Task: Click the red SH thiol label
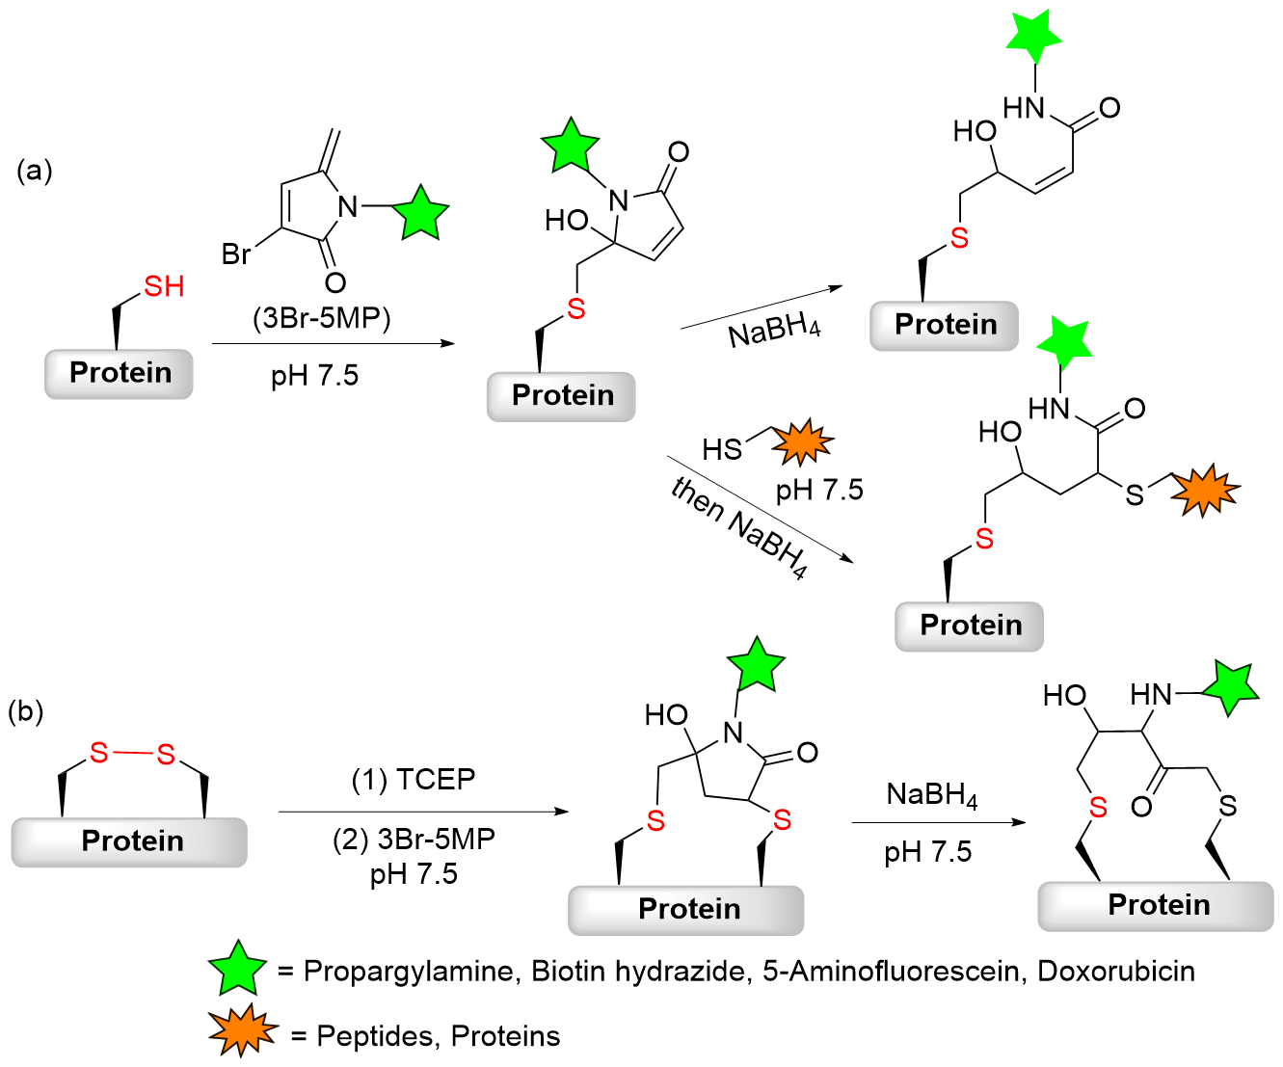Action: point(164,286)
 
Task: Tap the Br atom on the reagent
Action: point(236,253)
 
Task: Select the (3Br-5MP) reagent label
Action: point(321,318)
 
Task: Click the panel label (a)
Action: point(35,171)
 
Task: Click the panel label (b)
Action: point(25,712)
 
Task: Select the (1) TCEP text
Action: point(414,780)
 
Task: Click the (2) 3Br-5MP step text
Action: point(414,840)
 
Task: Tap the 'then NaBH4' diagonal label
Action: point(739,527)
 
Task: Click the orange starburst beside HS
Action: point(803,441)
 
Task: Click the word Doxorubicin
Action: point(1116,972)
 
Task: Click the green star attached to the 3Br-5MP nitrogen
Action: point(421,212)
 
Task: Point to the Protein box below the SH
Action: point(119,374)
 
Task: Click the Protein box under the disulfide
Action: point(129,842)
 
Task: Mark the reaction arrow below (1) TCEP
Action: point(424,812)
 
